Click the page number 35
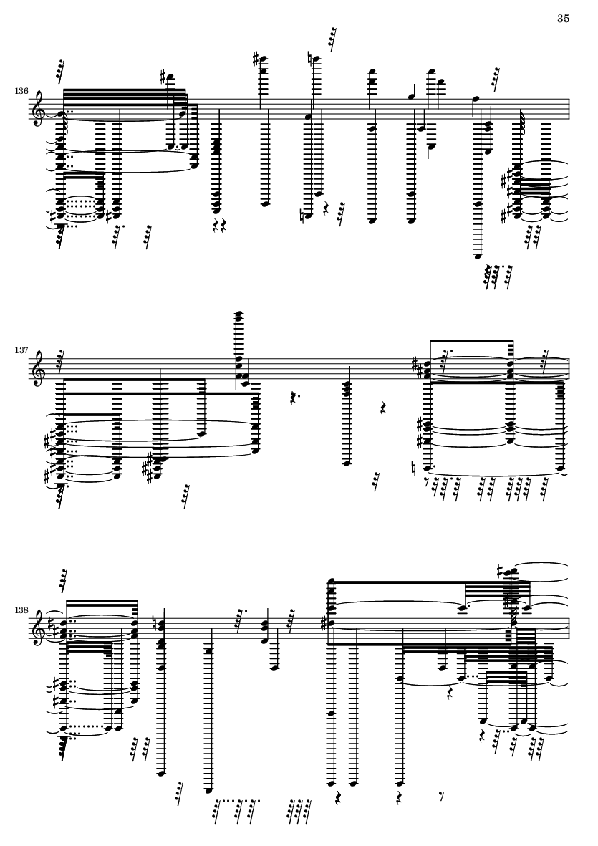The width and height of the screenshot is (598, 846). point(563,19)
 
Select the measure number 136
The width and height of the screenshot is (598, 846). point(21,91)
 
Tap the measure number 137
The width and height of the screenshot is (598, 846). point(21,350)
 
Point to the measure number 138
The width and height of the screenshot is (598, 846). point(21,610)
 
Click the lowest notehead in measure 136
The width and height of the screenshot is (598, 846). point(478,256)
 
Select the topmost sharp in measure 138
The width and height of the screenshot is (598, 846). point(501,571)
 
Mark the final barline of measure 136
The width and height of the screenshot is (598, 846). point(569,111)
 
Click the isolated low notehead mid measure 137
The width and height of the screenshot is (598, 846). point(347,462)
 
